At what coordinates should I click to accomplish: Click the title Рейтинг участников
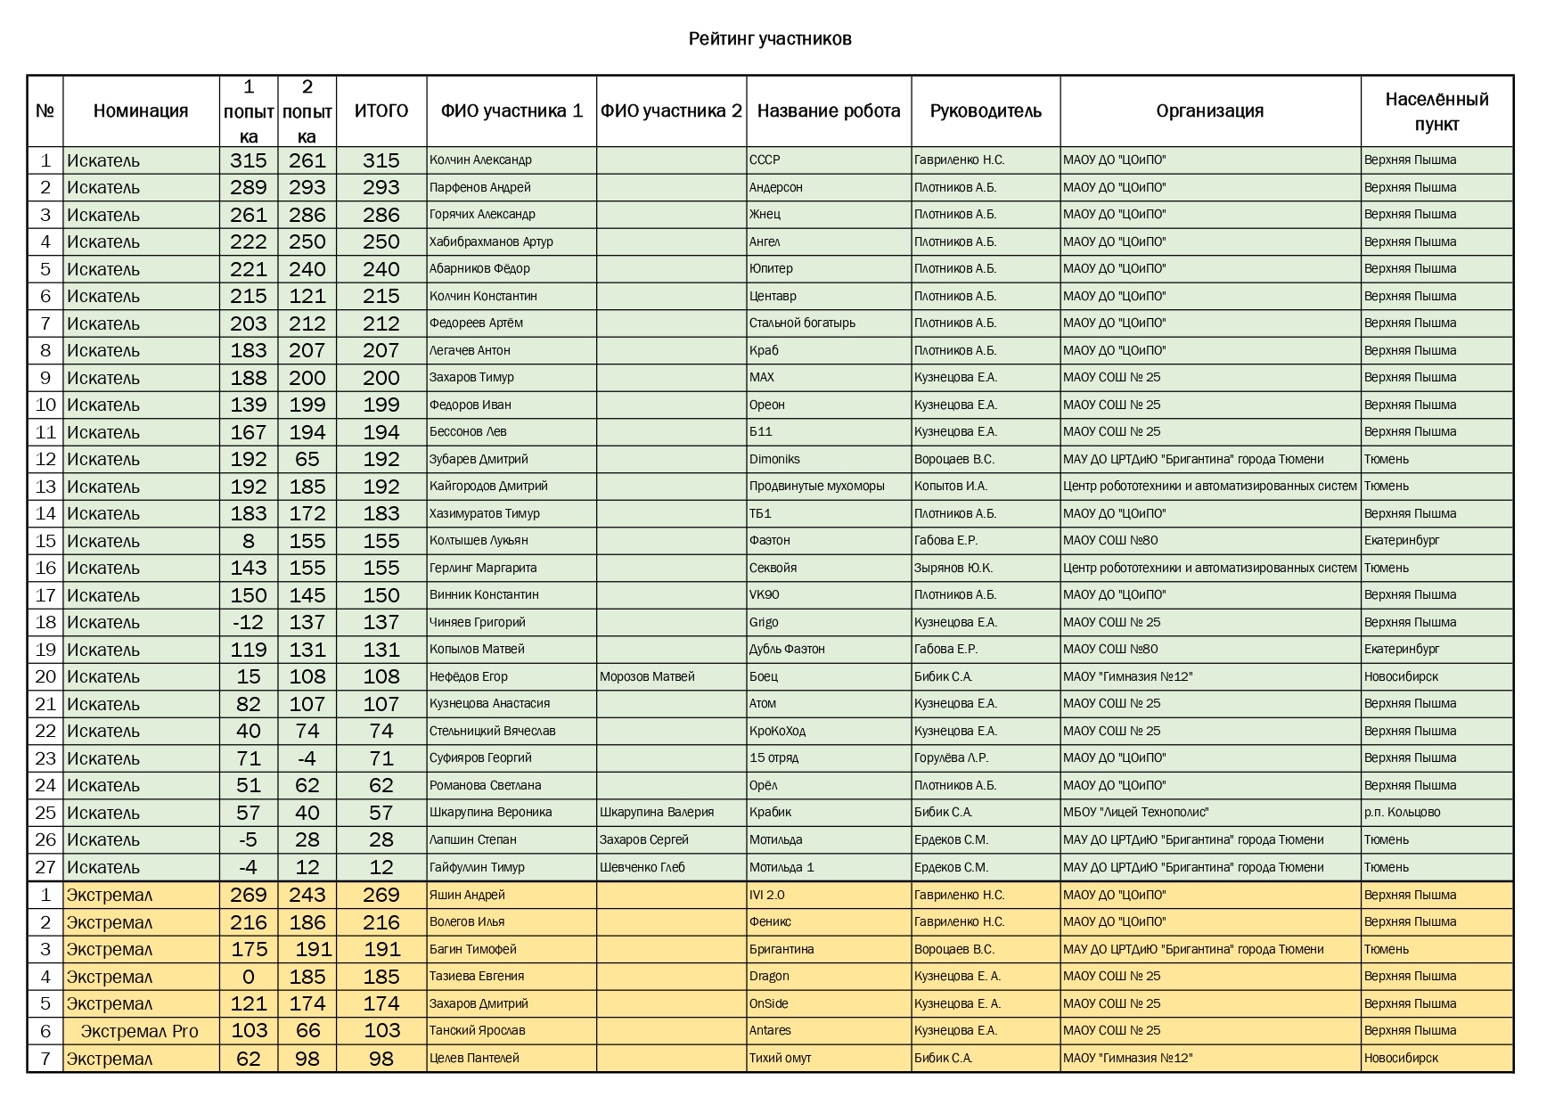click(x=769, y=38)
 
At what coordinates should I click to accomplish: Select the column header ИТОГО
click(x=381, y=110)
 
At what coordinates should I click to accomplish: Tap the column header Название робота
click(x=829, y=110)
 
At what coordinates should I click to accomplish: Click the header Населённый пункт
click(x=1436, y=111)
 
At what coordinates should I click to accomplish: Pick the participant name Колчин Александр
click(x=480, y=160)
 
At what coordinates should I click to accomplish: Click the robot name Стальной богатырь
click(x=802, y=323)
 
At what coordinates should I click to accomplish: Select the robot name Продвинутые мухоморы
click(x=816, y=487)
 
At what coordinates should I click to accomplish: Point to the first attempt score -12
click(x=249, y=622)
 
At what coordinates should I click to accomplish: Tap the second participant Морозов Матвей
click(x=647, y=676)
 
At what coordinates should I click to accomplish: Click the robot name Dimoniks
click(x=774, y=459)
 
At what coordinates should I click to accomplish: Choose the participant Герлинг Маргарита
click(x=483, y=568)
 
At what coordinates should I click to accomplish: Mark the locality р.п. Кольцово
click(x=1402, y=813)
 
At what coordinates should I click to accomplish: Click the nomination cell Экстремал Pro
click(x=140, y=1031)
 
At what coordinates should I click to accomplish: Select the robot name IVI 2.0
click(x=767, y=895)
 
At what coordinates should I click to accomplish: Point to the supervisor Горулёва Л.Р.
click(x=951, y=758)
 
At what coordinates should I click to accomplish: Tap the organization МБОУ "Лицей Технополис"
click(x=1135, y=813)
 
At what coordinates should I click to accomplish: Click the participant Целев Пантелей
click(x=474, y=1058)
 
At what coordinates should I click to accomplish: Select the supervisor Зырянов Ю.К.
click(x=953, y=568)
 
